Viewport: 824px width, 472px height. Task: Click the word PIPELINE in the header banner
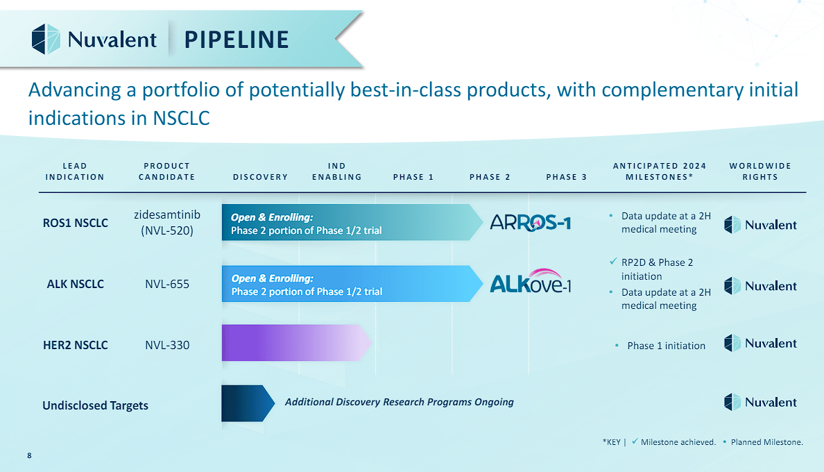(237, 40)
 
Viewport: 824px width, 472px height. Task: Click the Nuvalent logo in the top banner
(94, 39)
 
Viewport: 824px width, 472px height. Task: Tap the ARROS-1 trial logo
(530, 222)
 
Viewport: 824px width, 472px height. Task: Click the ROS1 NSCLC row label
(76, 223)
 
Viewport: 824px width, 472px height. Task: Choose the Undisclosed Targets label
(95, 405)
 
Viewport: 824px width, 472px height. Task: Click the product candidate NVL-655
(166, 284)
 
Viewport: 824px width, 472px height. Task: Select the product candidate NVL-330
(166, 345)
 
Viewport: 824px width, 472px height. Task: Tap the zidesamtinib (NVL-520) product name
(166, 222)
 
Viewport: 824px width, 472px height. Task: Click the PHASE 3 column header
(567, 177)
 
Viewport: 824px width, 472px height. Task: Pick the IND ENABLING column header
(337, 171)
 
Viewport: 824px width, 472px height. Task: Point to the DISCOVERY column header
(261, 177)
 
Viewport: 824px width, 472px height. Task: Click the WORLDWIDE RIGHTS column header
(760, 171)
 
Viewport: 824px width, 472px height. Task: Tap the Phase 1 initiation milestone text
(666, 346)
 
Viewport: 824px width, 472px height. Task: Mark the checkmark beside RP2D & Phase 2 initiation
(612, 262)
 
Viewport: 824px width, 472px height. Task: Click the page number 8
(29, 455)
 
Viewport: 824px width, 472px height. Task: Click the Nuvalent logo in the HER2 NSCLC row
(760, 344)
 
